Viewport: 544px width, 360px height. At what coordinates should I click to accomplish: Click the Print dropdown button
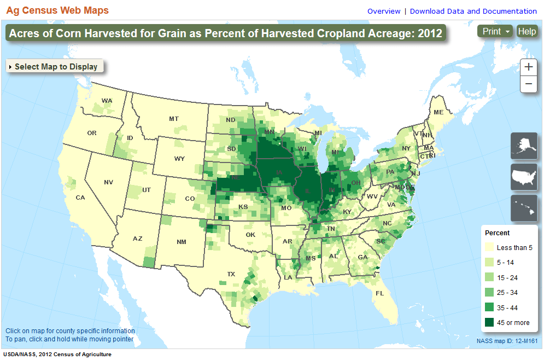[495, 31]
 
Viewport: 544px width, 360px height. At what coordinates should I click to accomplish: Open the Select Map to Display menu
[54, 67]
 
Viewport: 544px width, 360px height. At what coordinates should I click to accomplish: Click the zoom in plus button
[528, 67]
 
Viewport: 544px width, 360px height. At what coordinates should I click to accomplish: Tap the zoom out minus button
[528, 84]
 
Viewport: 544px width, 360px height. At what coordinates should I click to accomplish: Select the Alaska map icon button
[524, 146]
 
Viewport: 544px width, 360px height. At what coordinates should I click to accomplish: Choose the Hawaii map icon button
[524, 209]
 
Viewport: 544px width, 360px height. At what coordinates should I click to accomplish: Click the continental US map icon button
[524, 177]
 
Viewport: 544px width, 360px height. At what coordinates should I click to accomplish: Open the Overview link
[384, 11]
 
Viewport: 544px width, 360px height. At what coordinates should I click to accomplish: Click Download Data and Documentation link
[473, 11]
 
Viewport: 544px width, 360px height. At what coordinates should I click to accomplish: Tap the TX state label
[231, 274]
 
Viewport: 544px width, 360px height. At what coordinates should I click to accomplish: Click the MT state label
[174, 119]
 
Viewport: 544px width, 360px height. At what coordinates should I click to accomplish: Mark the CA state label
[80, 198]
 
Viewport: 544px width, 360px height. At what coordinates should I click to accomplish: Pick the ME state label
[438, 112]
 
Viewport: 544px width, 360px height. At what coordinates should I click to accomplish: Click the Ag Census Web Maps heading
[57, 10]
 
